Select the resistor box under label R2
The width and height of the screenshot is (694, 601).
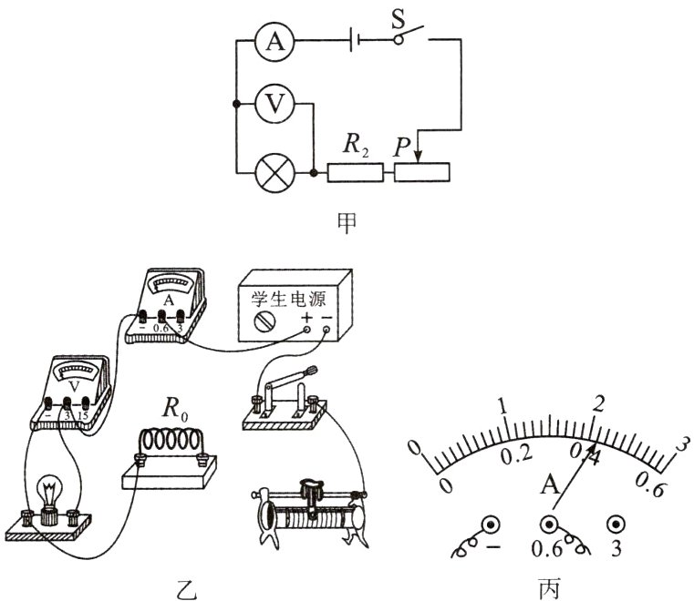(354, 171)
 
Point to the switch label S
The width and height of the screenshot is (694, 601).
(398, 18)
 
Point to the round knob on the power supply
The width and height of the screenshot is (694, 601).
(264, 321)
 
